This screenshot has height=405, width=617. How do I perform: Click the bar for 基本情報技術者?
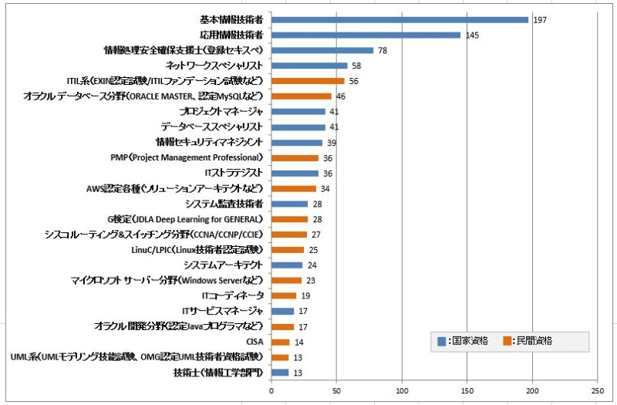[x=400, y=19]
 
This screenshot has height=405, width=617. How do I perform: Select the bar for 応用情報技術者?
[x=366, y=35]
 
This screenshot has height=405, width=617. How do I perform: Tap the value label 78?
[x=383, y=50]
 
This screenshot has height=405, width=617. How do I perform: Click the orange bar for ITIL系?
[x=308, y=81]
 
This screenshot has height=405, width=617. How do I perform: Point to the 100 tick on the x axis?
[x=401, y=391]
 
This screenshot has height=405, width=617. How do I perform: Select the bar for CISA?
[x=280, y=342]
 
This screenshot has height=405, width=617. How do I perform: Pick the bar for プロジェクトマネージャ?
[x=298, y=112]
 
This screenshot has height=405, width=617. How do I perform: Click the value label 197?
[x=540, y=19]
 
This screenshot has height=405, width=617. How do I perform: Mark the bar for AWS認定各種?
[x=293, y=188]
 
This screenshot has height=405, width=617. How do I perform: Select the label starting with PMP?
[x=187, y=157]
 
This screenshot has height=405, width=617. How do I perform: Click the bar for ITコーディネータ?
[x=283, y=295]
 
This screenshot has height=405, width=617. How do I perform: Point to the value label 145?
[x=472, y=35]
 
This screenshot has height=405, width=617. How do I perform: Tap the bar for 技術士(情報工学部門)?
[x=279, y=373]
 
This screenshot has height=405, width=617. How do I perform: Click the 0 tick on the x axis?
[x=271, y=391]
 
